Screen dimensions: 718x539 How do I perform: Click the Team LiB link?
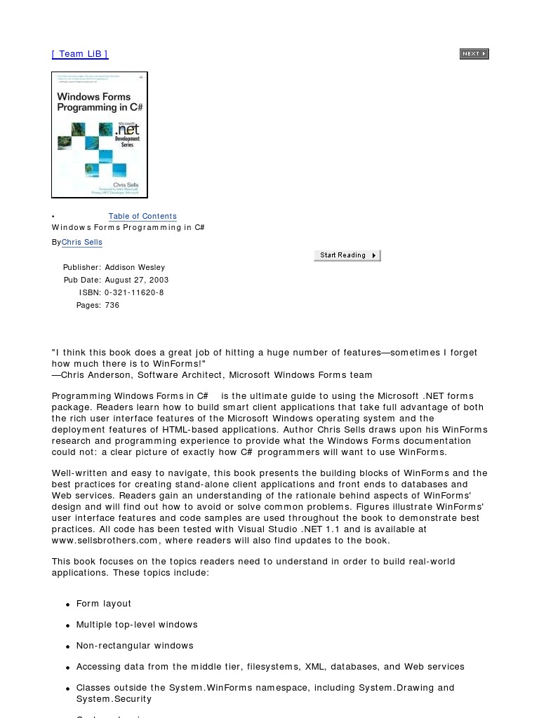[x=80, y=54]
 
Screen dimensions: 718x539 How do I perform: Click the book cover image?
[x=100, y=135]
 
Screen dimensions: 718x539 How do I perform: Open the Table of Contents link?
[x=142, y=217]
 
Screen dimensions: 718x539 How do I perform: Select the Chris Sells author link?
[x=82, y=243]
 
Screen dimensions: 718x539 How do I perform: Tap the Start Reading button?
[x=347, y=256]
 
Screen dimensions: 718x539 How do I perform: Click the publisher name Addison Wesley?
[x=135, y=268]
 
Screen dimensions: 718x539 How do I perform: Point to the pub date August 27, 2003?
[x=137, y=280]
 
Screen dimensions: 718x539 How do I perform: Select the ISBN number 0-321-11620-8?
[x=134, y=293]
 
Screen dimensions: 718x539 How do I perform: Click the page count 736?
[x=112, y=306]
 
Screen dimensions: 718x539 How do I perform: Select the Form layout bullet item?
[x=104, y=604]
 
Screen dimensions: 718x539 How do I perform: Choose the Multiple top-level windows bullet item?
[x=137, y=625]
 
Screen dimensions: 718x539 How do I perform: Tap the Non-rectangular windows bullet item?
[x=135, y=646]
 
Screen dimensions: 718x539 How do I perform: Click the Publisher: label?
[x=82, y=268]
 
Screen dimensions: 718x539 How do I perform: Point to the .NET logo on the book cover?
[x=127, y=130]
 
